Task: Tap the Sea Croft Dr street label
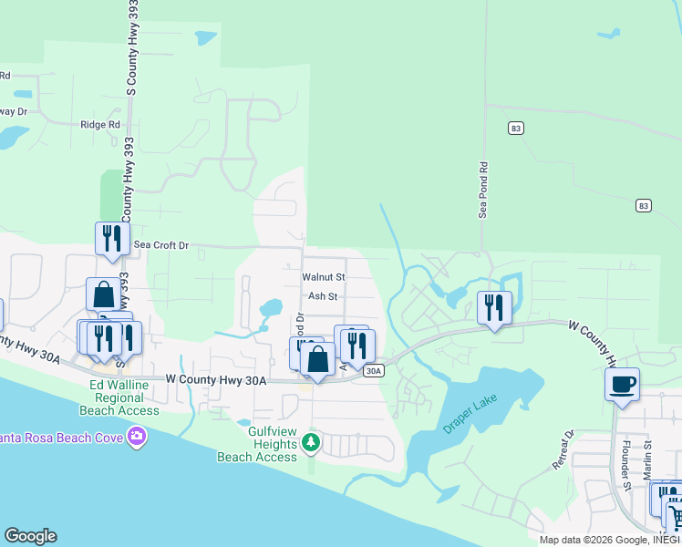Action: pos(161,245)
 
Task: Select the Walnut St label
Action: pos(324,276)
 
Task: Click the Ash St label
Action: pos(323,296)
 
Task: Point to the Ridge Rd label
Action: pos(100,125)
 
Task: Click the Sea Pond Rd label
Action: pos(484,191)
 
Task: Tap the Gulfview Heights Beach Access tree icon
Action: pos(311,442)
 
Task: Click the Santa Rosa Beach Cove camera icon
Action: pos(137,438)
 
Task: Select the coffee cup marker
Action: pos(622,384)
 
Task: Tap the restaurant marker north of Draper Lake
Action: pos(494,308)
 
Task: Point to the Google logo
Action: pos(30,536)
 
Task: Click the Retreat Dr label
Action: pos(561,450)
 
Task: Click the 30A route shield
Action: pos(373,371)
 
